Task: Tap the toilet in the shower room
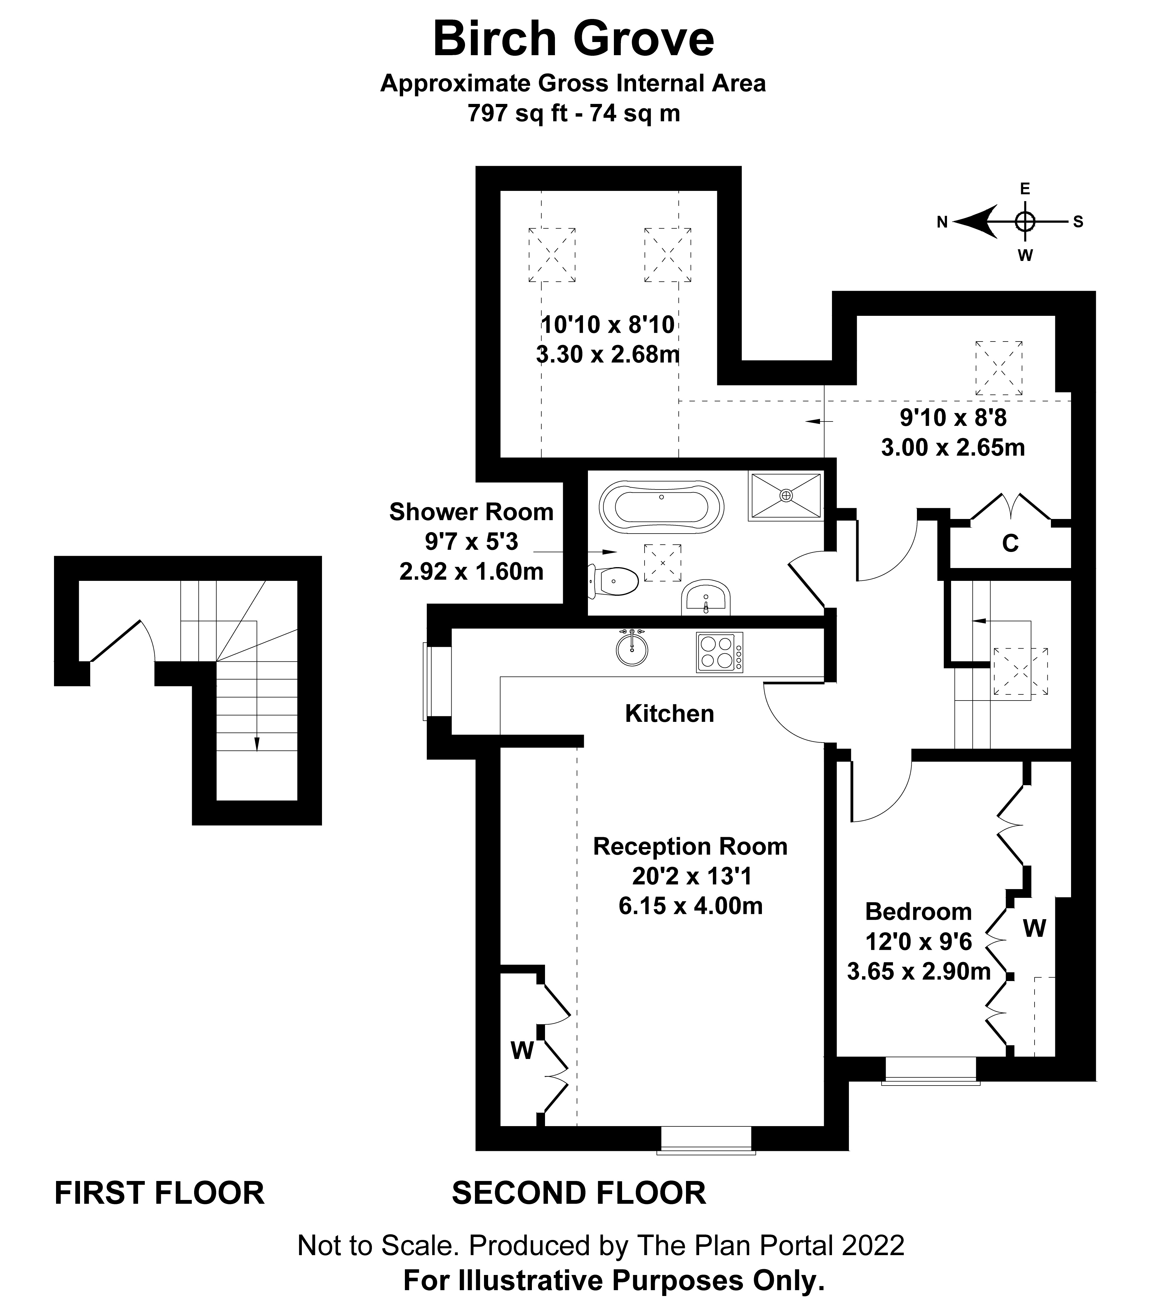pos(614,582)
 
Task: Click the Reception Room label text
pos(690,847)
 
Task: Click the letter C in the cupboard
pos(1010,543)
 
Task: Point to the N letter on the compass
pos(942,222)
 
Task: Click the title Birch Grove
pos(574,39)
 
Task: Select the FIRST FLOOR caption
pos(160,1193)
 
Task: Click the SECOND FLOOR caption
pos(579,1193)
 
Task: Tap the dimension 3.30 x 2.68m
pos(607,354)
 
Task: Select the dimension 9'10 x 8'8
pos(953,418)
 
